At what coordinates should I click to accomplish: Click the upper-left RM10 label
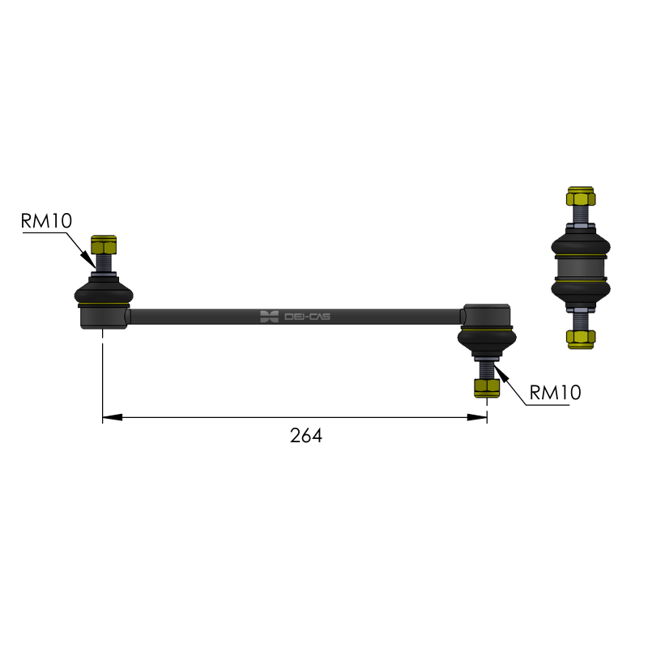coord(46,220)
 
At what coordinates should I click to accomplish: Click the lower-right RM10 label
coord(555,392)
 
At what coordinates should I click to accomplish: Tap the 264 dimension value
coord(306,436)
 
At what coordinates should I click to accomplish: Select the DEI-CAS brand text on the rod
coord(307,317)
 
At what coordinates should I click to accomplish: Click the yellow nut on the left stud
coord(104,245)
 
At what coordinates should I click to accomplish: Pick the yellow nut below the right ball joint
coord(487,388)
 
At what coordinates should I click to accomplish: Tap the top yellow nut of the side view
coord(581,197)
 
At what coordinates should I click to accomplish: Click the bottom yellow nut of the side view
coord(581,339)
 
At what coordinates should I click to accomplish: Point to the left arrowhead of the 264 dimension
coord(113,417)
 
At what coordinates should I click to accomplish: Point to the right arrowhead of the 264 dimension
coord(477,417)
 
